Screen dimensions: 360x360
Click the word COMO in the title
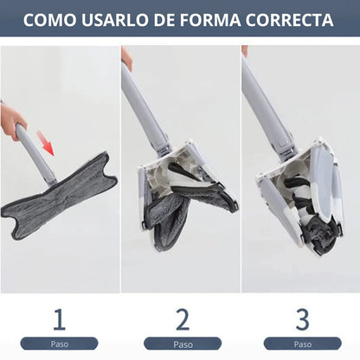tap(53, 21)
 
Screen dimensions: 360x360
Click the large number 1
tap(59, 319)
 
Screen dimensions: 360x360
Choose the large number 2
tap(181, 319)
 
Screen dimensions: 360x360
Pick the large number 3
tap(302, 319)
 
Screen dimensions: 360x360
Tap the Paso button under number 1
tap(59, 344)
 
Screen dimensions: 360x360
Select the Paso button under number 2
tap(181, 344)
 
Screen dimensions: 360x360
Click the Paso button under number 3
tap(302, 344)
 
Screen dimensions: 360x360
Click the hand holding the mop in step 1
tap(12, 121)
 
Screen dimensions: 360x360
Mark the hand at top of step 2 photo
tap(127, 58)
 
